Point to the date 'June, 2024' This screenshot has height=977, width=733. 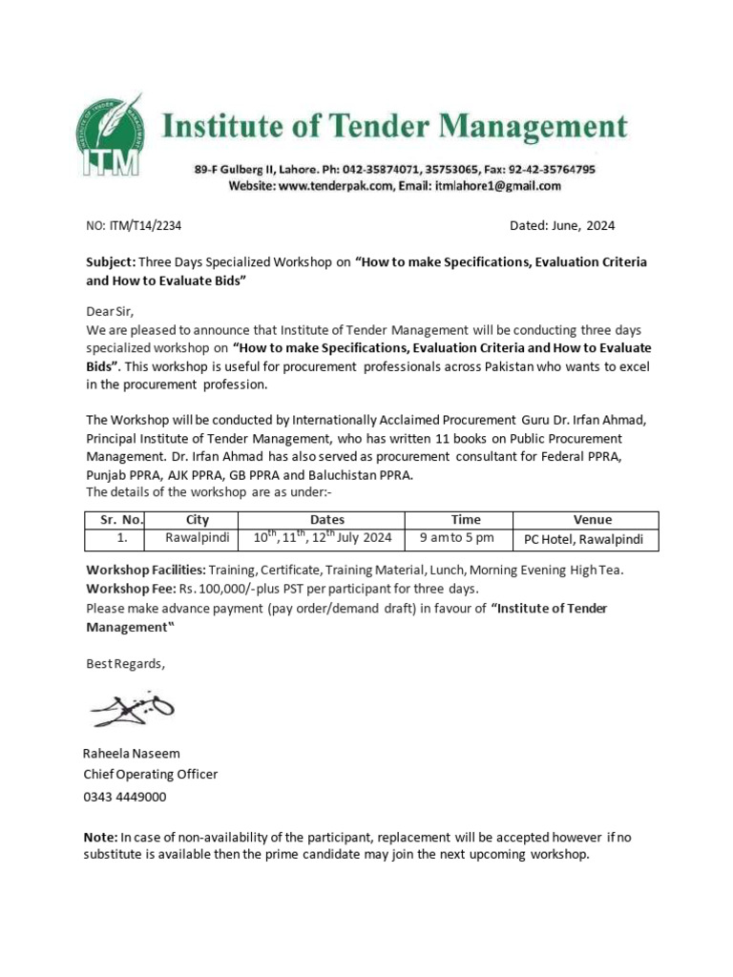click(578, 226)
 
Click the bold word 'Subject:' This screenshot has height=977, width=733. click(111, 261)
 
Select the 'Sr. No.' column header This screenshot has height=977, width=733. click(115, 520)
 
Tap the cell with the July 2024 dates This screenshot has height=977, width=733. click(322, 539)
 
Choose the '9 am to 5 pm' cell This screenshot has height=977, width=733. click(458, 539)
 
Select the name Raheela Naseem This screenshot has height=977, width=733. click(132, 754)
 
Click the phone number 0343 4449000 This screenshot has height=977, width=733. click(125, 797)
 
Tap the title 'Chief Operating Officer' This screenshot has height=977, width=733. click(151, 775)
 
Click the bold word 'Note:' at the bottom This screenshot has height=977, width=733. click(100, 837)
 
